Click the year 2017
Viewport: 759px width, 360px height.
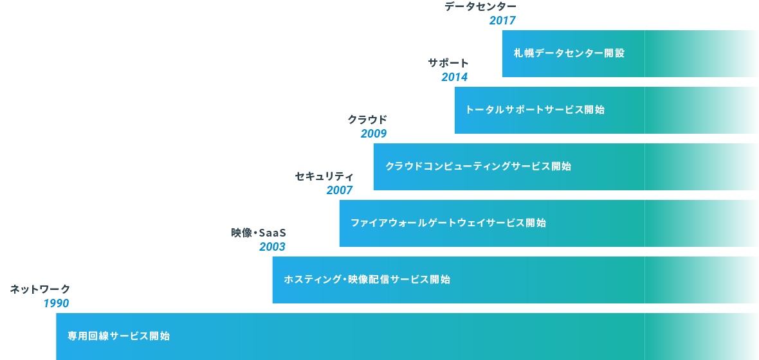tap(502, 21)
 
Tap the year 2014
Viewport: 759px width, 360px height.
tap(455, 77)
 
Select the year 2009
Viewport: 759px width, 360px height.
tap(374, 134)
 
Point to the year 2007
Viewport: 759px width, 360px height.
tap(340, 190)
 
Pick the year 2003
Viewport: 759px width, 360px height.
tap(273, 247)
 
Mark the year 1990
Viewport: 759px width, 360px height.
tap(56, 303)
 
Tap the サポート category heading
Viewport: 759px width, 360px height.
tap(449, 63)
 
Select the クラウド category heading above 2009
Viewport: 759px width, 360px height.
tap(367, 120)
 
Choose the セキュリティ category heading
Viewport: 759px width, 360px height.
tap(324, 176)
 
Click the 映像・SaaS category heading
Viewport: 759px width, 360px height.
tap(259, 233)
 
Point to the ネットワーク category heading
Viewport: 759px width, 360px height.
tap(40, 289)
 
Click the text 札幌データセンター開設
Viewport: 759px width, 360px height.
tap(569, 53)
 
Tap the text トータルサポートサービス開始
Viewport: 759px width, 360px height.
tap(535, 110)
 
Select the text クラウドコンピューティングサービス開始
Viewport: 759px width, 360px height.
tap(479, 166)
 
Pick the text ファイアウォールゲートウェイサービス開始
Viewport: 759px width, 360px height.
tap(448, 223)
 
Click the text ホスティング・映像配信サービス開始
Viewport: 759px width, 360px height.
tap(367, 280)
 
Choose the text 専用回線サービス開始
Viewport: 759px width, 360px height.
tap(118, 336)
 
